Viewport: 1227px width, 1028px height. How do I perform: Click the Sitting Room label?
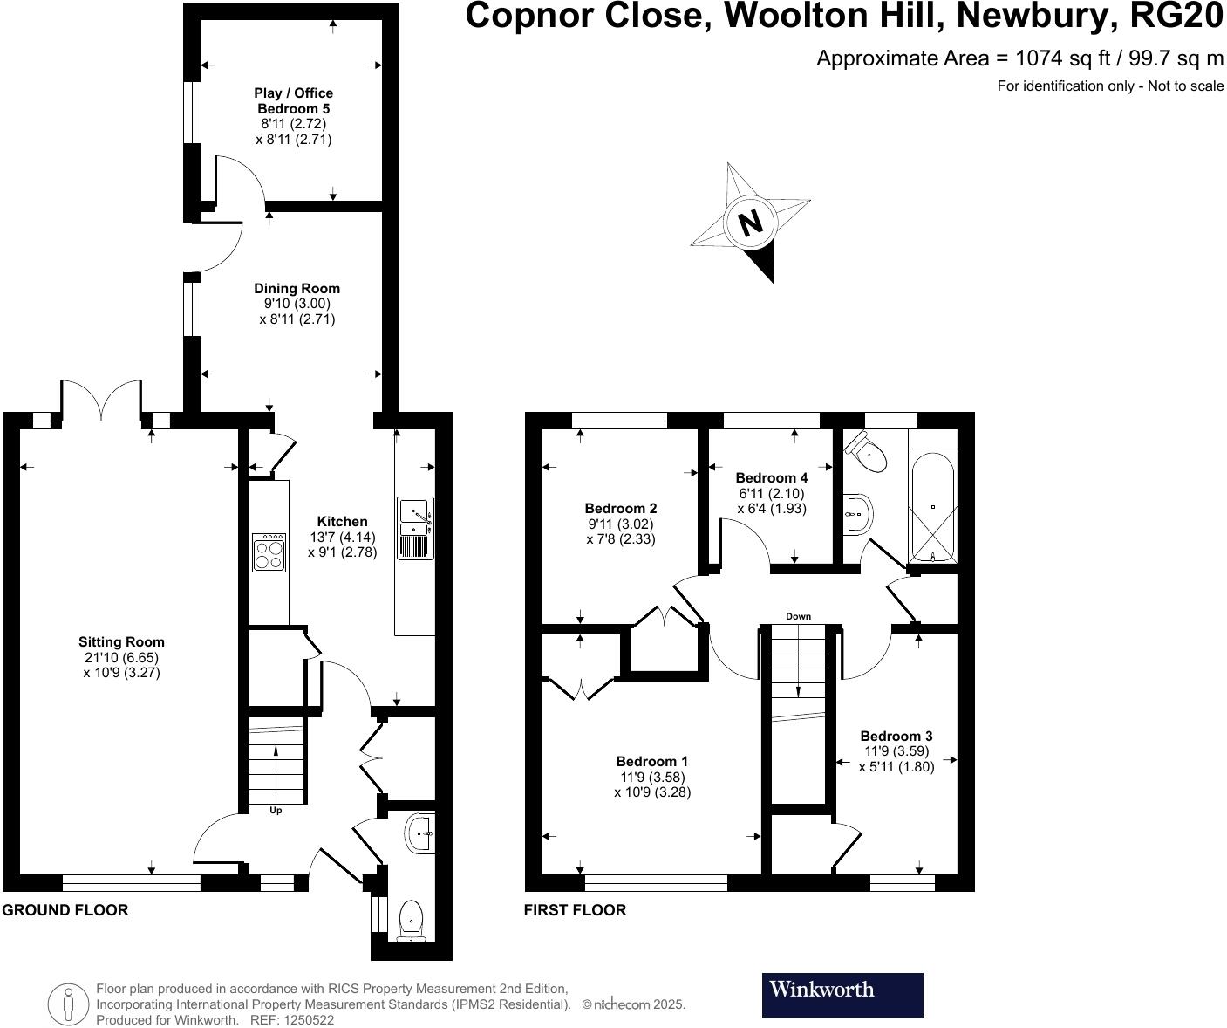click(x=121, y=642)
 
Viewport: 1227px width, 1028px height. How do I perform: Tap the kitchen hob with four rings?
click(x=269, y=552)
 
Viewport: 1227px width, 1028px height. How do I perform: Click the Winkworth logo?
click(x=842, y=995)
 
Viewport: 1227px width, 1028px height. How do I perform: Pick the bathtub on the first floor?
click(x=932, y=508)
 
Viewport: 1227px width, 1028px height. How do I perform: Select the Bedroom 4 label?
click(x=771, y=477)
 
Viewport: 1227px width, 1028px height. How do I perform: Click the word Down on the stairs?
click(x=798, y=616)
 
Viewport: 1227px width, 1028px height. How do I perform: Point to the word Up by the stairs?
click(x=276, y=811)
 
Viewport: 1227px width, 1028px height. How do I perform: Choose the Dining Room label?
click(x=297, y=288)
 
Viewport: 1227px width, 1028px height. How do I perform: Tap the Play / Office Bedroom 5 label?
click(x=293, y=100)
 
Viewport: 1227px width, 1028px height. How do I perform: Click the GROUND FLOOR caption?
click(x=65, y=910)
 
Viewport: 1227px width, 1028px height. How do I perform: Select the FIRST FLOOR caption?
click(x=575, y=910)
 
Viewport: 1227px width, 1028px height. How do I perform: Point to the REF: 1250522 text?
click(x=292, y=1019)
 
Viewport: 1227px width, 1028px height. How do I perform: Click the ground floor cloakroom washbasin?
click(x=419, y=833)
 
